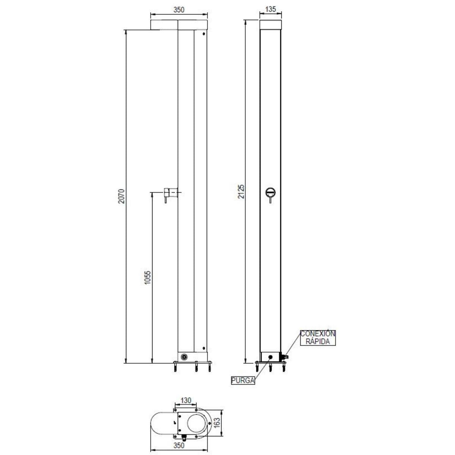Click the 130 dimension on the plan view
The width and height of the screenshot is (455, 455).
point(186,400)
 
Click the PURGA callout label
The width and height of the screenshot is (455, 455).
point(243,381)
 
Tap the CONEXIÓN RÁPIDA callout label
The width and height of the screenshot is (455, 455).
point(318,337)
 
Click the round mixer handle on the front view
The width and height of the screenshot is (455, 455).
point(271,192)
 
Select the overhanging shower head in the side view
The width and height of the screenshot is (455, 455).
point(165,25)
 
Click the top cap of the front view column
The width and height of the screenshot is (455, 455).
point(271,25)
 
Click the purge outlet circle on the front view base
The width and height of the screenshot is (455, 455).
point(270,356)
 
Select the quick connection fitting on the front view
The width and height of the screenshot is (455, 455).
point(284,357)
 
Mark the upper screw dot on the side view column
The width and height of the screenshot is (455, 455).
point(204,34)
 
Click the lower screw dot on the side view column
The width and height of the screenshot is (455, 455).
point(204,348)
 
